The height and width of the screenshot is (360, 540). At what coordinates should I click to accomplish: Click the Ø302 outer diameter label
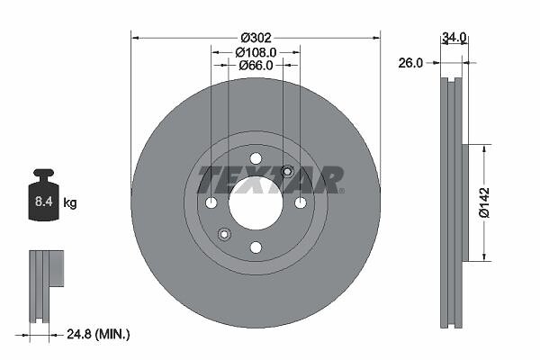[x=256, y=37]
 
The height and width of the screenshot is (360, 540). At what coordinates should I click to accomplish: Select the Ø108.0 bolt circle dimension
[x=256, y=52]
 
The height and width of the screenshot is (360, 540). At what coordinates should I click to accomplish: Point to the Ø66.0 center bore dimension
[x=256, y=65]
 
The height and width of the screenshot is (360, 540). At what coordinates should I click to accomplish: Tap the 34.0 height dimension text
[x=454, y=37]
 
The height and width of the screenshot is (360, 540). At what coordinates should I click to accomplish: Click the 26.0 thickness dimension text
[x=410, y=63]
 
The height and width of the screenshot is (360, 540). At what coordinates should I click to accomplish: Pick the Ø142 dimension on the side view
[x=484, y=202]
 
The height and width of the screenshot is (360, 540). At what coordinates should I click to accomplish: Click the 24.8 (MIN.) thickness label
[x=98, y=334]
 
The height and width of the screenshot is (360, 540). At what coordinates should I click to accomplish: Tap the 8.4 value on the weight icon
[x=43, y=202]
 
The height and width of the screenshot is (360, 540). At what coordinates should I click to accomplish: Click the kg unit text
[x=70, y=202]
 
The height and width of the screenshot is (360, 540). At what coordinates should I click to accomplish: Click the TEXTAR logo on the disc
[x=270, y=180]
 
